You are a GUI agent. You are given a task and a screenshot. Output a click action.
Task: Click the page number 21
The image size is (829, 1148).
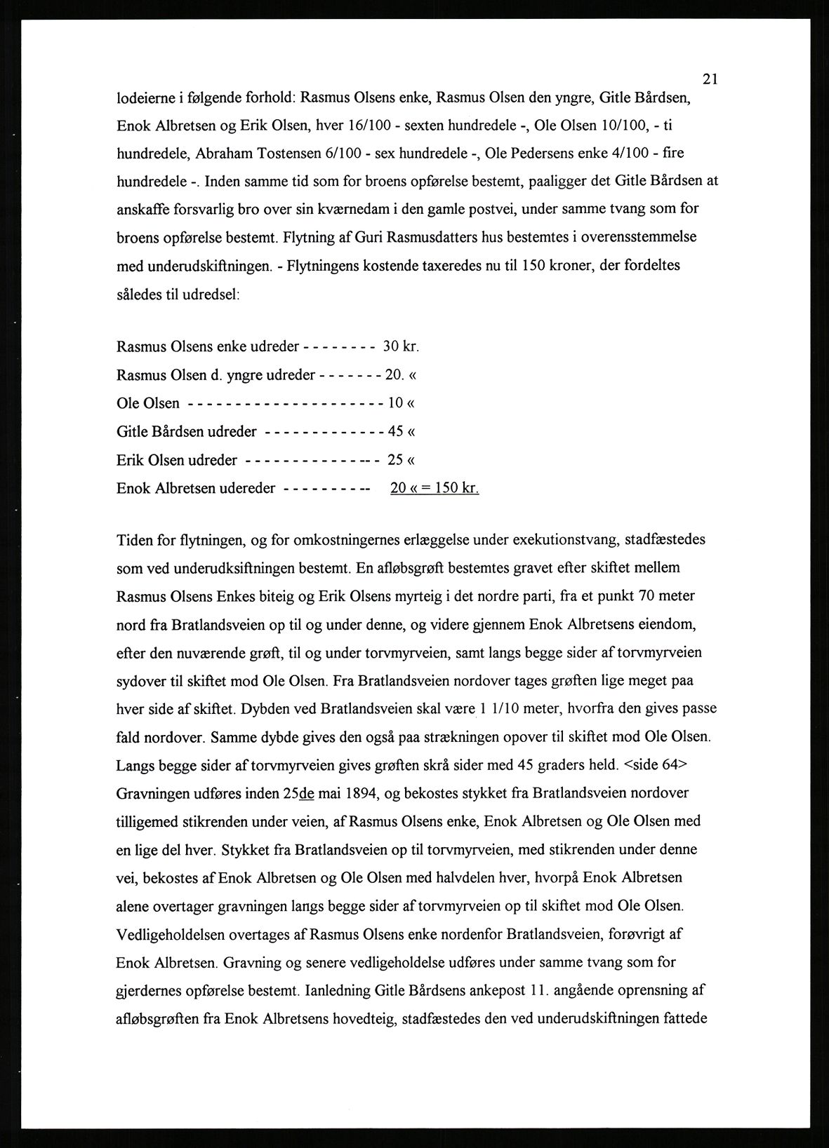(709, 79)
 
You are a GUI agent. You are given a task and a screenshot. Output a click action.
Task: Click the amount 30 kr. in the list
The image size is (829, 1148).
(401, 346)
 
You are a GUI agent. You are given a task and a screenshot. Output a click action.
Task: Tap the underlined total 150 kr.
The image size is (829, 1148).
(457, 488)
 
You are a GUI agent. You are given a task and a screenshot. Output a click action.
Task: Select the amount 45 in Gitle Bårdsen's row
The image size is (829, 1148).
(395, 431)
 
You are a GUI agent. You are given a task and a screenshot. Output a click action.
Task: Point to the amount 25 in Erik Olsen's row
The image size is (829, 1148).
(395, 460)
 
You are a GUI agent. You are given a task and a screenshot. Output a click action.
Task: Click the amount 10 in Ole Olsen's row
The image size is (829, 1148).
(395, 403)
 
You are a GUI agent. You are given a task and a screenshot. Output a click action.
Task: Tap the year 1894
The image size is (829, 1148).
(362, 793)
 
